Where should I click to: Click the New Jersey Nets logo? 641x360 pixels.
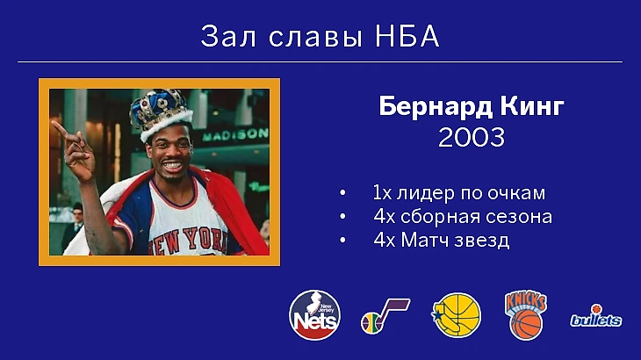point(314,315)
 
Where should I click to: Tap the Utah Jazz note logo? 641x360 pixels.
point(385,316)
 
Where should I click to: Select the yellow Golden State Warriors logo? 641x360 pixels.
point(457,314)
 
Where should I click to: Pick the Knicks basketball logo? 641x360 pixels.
point(526,315)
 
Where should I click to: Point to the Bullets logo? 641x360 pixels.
point(596,316)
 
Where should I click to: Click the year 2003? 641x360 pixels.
point(472,137)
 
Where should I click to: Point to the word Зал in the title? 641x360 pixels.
point(228,36)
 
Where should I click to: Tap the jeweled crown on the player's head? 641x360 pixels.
point(161,113)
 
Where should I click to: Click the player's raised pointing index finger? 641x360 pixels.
point(62,130)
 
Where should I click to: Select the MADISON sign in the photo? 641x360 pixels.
point(236,134)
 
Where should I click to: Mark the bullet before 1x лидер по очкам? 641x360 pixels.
point(342,193)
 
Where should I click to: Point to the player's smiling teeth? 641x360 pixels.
point(172,165)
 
